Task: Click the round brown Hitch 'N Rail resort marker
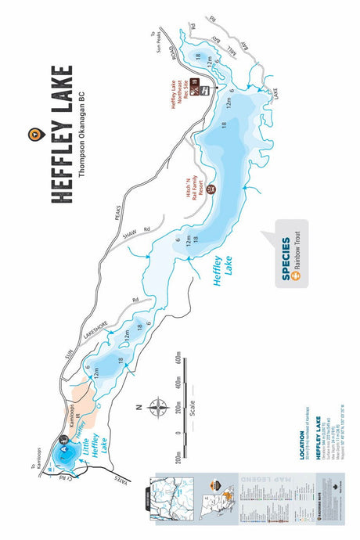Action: pos(210,189)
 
